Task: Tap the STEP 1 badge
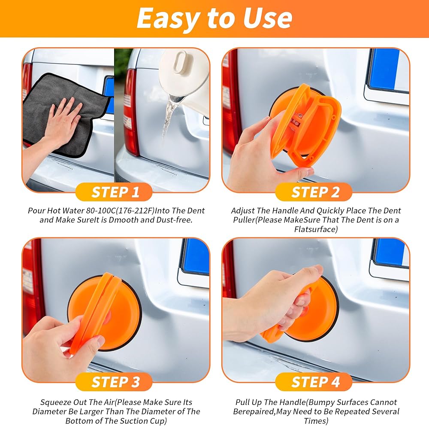tap(114, 192)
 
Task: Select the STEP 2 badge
tap(314, 192)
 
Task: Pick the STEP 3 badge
tap(114, 382)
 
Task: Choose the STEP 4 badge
tap(314, 382)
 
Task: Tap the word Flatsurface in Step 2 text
tap(316, 229)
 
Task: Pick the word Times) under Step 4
tap(316, 421)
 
